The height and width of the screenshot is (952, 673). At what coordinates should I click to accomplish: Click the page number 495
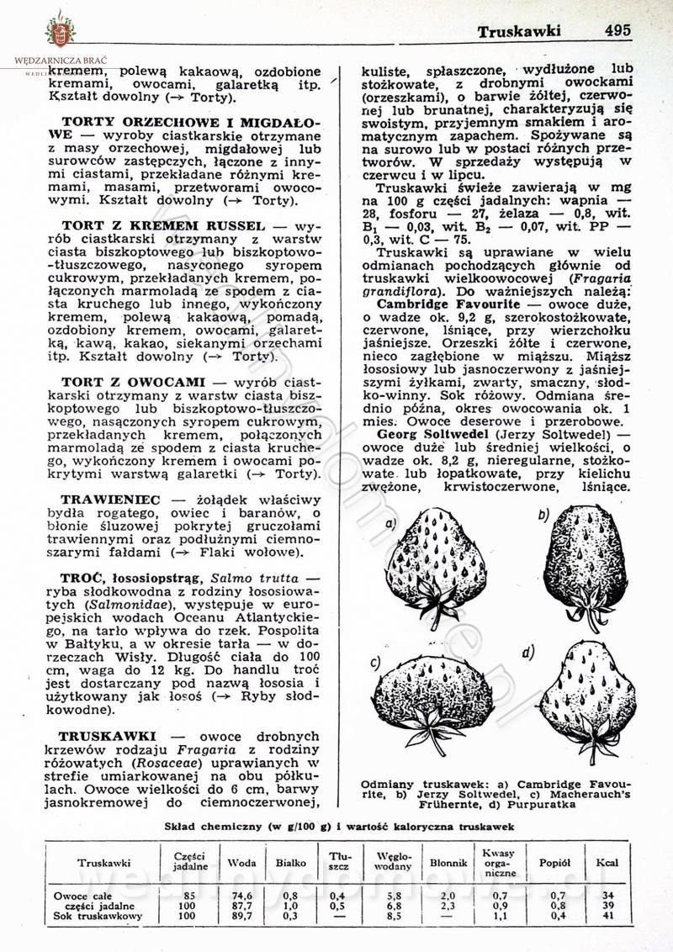(x=617, y=30)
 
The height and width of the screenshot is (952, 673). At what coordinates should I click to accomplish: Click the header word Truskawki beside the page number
(x=519, y=31)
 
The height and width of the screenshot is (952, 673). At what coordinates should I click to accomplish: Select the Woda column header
(x=242, y=863)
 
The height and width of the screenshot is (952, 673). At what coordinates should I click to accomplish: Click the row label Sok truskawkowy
(x=98, y=916)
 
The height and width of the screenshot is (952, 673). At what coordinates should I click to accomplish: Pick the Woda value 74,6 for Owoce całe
(x=242, y=896)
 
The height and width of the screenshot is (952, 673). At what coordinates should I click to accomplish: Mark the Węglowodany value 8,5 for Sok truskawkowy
(x=388, y=916)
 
